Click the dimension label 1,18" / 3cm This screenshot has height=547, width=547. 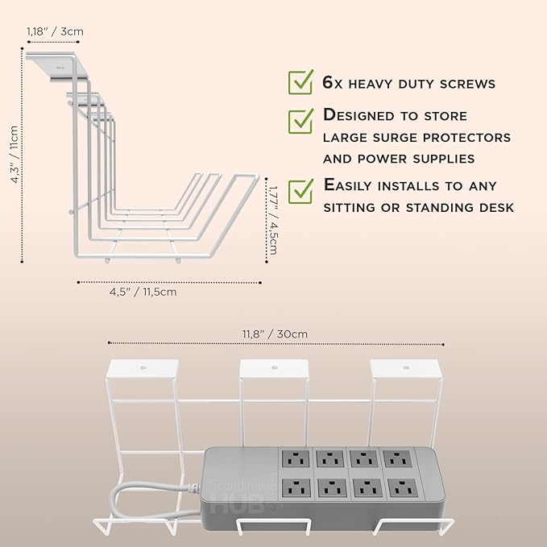pyautogui.click(x=55, y=31)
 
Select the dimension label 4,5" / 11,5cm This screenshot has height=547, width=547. pyautogui.click(x=143, y=292)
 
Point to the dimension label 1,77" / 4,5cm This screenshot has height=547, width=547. pyautogui.click(x=272, y=220)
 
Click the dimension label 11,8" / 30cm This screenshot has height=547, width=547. pyautogui.click(x=275, y=334)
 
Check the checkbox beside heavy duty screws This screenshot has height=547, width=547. pyautogui.click(x=301, y=81)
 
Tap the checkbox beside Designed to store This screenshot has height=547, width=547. pyautogui.click(x=301, y=120)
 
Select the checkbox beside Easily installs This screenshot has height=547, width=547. pyautogui.click(x=301, y=190)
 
